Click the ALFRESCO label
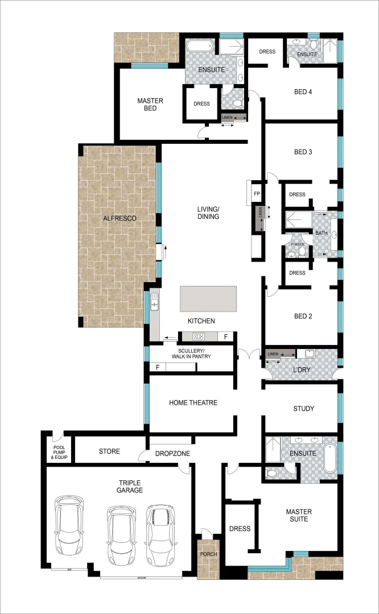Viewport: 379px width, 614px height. pyautogui.click(x=120, y=218)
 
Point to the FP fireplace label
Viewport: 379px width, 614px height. pyautogui.click(x=257, y=194)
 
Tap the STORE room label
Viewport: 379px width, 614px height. pyautogui.click(x=109, y=451)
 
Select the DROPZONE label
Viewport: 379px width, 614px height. pyautogui.click(x=172, y=454)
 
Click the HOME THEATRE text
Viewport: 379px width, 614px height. pyautogui.click(x=193, y=403)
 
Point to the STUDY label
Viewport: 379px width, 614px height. pyautogui.click(x=303, y=409)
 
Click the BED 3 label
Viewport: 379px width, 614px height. pyautogui.click(x=303, y=152)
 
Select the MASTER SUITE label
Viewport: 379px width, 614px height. pyautogui.click(x=298, y=515)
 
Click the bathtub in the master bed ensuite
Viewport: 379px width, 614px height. pyautogui.click(x=200, y=47)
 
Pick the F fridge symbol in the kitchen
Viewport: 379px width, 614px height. pyautogui.click(x=226, y=337)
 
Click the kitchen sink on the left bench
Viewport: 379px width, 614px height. pyautogui.click(x=154, y=301)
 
